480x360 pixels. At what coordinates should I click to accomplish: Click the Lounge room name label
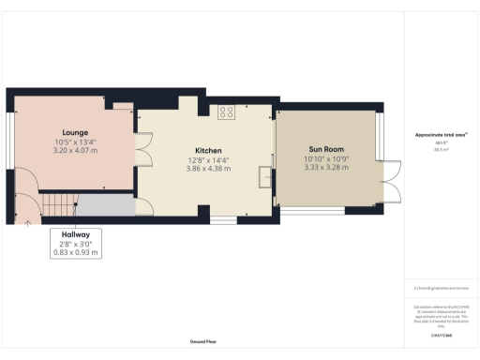click(x=75, y=132)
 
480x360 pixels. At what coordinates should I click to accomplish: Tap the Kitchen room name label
click(x=207, y=150)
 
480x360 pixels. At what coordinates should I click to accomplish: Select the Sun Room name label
click(x=325, y=149)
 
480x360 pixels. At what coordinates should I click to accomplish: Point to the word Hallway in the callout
click(x=76, y=234)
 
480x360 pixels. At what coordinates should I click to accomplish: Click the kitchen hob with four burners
click(x=226, y=112)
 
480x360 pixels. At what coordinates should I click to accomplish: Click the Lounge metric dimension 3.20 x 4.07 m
click(x=75, y=150)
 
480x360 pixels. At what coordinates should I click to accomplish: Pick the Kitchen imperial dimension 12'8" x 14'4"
click(x=207, y=159)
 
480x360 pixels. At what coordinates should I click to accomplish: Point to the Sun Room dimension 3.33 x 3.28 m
click(x=325, y=167)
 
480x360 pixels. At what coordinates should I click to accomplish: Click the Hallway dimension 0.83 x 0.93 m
click(x=76, y=252)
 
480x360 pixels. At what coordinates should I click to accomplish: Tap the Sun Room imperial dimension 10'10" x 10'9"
click(x=325, y=158)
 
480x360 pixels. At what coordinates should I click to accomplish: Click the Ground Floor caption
click(x=202, y=341)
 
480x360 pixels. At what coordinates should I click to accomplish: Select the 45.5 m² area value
click(x=440, y=149)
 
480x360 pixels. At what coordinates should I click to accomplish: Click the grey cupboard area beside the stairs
click(x=105, y=204)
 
